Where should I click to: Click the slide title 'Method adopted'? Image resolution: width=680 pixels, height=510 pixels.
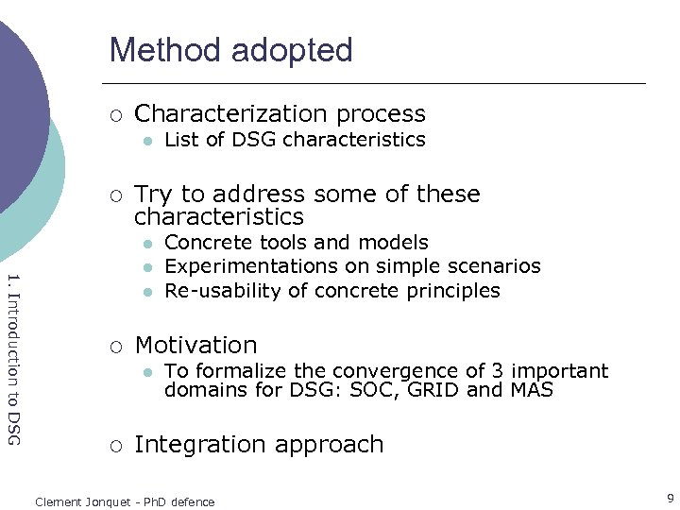(230, 50)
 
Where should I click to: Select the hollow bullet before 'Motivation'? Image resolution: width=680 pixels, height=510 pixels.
(114, 347)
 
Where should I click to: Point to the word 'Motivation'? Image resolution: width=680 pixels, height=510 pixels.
(195, 346)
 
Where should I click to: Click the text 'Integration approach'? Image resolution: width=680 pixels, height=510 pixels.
(259, 445)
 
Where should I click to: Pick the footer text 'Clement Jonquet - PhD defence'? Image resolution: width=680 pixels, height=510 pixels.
(125, 501)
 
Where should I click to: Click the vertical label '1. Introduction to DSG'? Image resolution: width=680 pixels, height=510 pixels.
(12, 358)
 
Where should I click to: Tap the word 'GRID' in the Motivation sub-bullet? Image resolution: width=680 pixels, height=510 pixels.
(437, 389)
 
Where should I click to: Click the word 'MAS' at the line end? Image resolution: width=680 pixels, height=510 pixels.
(531, 389)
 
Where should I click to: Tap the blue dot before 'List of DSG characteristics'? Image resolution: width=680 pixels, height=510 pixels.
(146, 141)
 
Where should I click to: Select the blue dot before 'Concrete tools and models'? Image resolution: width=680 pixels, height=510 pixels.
(146, 244)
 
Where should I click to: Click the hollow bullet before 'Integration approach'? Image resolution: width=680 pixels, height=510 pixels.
(114, 446)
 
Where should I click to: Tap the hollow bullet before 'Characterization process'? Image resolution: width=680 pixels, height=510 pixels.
(114, 115)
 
